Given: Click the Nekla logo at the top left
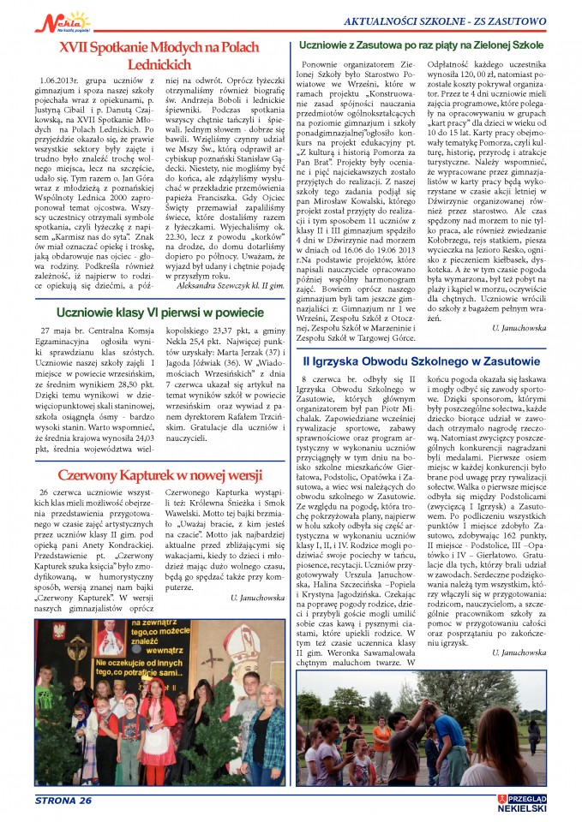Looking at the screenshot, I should pos(69,20).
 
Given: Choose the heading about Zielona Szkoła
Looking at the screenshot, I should pos(433,43).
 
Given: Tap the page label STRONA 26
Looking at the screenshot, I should pos(63,800).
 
